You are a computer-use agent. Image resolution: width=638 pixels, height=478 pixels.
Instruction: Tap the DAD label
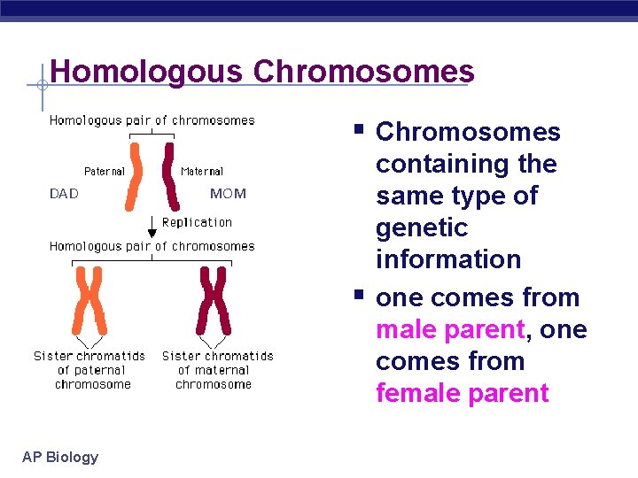(64, 193)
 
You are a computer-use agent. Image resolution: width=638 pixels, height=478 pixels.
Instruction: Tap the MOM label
(228, 193)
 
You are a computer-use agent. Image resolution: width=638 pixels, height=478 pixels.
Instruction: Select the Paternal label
(104, 171)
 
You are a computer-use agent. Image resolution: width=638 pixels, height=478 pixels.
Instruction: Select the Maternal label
(201, 171)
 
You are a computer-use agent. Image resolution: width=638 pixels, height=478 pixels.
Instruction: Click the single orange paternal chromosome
(134, 177)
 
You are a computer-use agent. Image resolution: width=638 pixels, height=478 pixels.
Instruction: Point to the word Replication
(197, 222)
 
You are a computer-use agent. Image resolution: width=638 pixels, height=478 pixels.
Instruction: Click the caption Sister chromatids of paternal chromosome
(89, 370)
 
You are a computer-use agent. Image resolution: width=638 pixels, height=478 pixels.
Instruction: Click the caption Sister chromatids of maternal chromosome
(217, 370)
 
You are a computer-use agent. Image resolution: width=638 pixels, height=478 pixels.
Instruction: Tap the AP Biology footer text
(60, 457)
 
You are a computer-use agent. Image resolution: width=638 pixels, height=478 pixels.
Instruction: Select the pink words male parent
(450, 329)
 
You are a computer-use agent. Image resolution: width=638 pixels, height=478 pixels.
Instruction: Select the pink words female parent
(462, 393)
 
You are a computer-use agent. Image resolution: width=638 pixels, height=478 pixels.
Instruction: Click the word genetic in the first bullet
(421, 227)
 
